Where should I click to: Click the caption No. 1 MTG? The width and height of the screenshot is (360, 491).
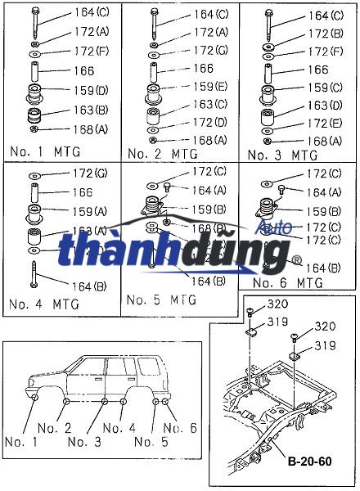click(47, 153)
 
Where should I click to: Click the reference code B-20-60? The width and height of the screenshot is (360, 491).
click(309, 462)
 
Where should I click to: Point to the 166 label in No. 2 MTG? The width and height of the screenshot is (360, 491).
click(203, 69)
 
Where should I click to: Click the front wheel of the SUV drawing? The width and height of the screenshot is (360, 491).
click(38, 398)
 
